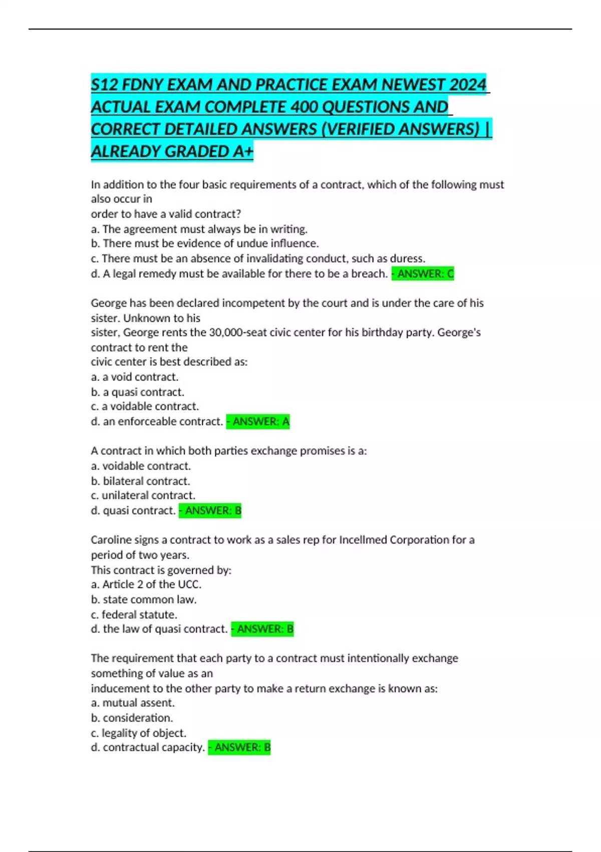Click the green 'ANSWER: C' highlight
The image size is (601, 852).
423,274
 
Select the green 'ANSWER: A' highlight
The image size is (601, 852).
258,421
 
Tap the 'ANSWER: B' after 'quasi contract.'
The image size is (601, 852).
210,511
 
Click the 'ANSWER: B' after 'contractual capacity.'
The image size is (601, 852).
239,747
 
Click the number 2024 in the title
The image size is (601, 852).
468,85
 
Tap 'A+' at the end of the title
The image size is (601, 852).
243,151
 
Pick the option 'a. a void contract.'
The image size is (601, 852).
134,377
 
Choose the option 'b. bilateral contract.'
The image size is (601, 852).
140,481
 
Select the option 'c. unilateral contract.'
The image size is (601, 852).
143,495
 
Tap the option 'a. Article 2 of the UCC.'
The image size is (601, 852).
146,584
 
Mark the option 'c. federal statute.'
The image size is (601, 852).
134,614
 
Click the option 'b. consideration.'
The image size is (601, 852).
132,718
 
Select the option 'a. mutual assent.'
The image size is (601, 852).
133,703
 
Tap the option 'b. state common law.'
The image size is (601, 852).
143,599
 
